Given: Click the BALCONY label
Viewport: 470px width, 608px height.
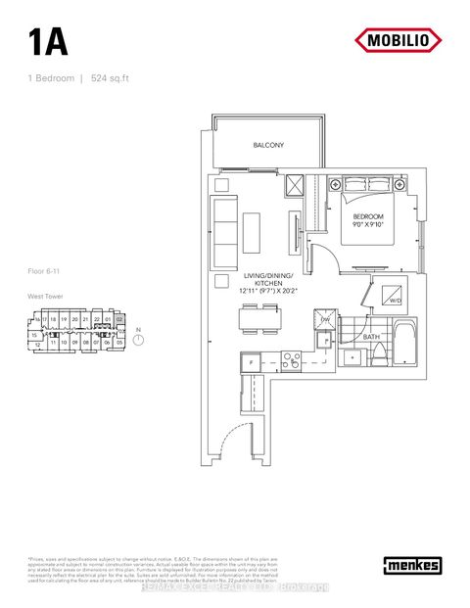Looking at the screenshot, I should coord(268,145).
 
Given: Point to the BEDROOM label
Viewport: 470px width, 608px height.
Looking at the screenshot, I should coord(368,215).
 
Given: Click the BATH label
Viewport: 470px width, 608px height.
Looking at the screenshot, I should coord(371,337).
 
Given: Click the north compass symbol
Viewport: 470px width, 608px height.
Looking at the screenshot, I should coord(138,338).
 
